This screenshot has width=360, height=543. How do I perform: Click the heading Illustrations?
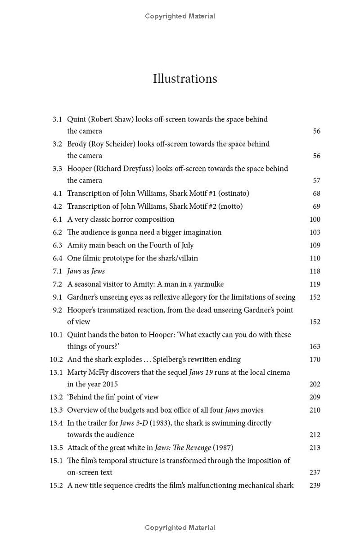(x=185, y=79)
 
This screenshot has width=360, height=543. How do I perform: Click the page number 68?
(x=316, y=193)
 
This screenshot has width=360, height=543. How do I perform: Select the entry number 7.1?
(x=57, y=271)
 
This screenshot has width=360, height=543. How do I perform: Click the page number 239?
(x=315, y=485)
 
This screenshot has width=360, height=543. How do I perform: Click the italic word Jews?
(x=98, y=271)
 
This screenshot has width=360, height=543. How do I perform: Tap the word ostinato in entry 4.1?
(x=232, y=193)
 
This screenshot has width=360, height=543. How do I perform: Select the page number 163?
(x=315, y=346)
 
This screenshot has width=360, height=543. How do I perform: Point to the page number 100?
(x=315, y=220)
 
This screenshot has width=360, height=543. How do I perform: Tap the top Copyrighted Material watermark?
(x=180, y=16)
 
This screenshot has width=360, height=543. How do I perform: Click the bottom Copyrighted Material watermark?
(x=180, y=528)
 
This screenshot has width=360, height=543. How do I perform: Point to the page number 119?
(x=315, y=284)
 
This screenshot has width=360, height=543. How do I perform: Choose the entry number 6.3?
(x=57, y=246)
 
